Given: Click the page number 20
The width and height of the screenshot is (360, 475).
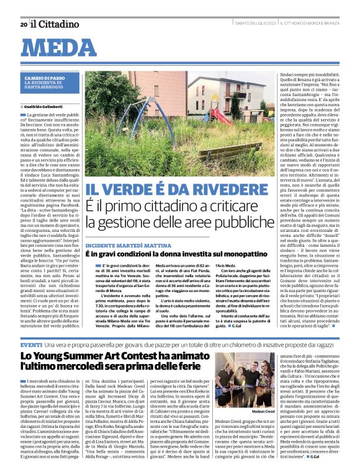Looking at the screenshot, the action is [x=24, y=24].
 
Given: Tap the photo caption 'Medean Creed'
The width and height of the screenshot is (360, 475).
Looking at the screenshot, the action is [x=263, y=411].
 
